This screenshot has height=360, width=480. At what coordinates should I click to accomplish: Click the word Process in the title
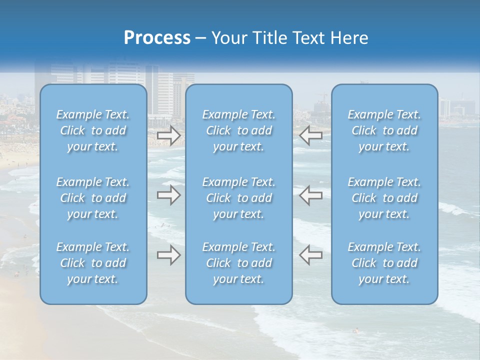pyautogui.click(x=157, y=38)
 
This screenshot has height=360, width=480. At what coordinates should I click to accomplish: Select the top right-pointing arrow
pyautogui.click(x=168, y=135)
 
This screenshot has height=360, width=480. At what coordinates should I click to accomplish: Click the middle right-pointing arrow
pyautogui.click(x=168, y=195)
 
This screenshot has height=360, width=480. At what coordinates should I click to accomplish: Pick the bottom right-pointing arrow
pyautogui.click(x=168, y=255)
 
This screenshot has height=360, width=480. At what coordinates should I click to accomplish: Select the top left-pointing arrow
pyautogui.click(x=310, y=135)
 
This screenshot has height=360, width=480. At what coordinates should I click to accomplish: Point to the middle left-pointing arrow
pyautogui.click(x=310, y=195)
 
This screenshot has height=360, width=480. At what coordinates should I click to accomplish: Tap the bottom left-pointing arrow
pyautogui.click(x=310, y=255)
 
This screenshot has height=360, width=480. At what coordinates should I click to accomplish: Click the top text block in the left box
pyautogui.click(x=93, y=130)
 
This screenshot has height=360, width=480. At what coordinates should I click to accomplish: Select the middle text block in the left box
pyautogui.click(x=93, y=198)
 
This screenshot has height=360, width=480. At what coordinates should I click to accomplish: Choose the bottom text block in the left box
pyautogui.click(x=93, y=263)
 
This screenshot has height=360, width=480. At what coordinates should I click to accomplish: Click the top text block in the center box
pyautogui.click(x=239, y=130)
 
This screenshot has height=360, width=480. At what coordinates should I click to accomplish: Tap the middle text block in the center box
pyautogui.click(x=239, y=198)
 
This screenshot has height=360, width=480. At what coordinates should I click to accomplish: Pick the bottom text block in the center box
pyautogui.click(x=239, y=263)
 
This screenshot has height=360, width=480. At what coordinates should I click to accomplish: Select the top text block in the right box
pyautogui.click(x=384, y=130)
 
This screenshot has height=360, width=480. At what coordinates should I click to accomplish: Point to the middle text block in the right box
pyautogui.click(x=384, y=198)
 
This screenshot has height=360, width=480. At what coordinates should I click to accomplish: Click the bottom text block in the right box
pyautogui.click(x=384, y=263)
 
